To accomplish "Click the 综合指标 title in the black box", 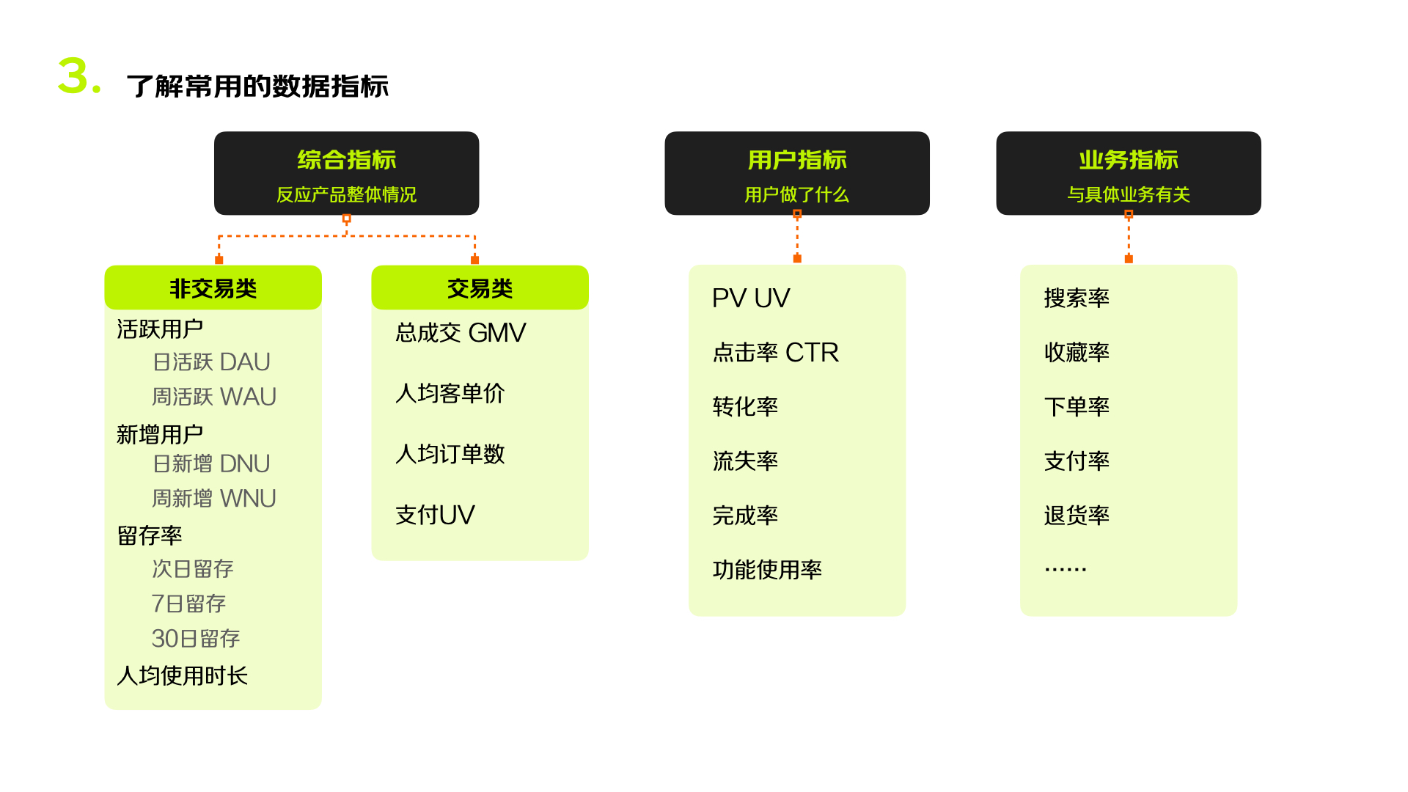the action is (346, 160).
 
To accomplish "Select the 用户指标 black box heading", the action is (796, 160).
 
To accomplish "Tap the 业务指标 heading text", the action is (1128, 160).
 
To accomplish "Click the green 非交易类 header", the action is (213, 288).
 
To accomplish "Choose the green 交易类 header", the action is (480, 288).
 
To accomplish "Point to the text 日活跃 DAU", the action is (211, 362).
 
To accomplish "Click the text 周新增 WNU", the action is (213, 499).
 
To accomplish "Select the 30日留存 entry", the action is (195, 638).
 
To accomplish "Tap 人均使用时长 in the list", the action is (182, 675).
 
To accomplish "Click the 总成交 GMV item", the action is (461, 333).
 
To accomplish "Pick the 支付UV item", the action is (435, 515).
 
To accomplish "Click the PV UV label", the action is (750, 298).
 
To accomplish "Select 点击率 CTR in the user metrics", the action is (775, 353).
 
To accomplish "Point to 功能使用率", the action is (767, 570).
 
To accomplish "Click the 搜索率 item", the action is (1077, 298).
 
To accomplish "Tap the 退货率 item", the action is (1077, 516).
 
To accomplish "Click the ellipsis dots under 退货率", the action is (1065, 569).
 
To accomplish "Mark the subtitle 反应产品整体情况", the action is (346, 194).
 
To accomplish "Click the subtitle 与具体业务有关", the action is (1128, 194).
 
